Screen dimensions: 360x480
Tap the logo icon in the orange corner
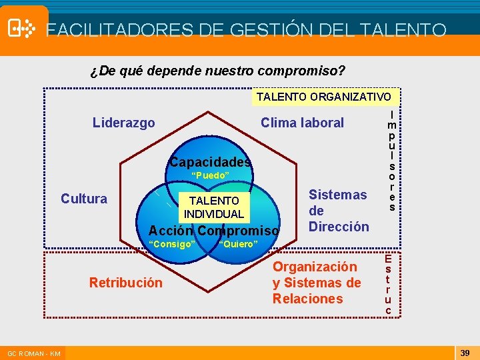tap(22, 28)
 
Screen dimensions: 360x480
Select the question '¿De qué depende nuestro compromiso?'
tap(217, 70)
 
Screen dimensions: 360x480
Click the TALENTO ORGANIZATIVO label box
tap(324, 97)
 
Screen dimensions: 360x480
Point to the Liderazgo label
tap(124, 123)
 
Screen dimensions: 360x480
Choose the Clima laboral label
tap(302, 123)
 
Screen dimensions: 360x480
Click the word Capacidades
tap(211, 162)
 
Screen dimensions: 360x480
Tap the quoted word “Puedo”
tap(210, 175)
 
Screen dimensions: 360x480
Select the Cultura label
tap(84, 199)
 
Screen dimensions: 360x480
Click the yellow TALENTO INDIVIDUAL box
tap(214, 207)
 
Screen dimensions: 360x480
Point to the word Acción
tap(171, 231)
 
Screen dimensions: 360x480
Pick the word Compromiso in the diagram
tap(239, 231)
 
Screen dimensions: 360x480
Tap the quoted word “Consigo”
tap(172, 244)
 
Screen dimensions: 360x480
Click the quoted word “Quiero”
tap(238, 244)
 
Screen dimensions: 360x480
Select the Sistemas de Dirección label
tap(338, 211)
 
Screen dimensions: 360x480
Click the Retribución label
tap(125, 283)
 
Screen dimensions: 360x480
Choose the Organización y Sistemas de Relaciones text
tap(317, 283)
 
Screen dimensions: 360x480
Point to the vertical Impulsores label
tap(392, 161)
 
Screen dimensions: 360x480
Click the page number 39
tap(465, 352)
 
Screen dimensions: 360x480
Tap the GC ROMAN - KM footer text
tap(34, 353)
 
